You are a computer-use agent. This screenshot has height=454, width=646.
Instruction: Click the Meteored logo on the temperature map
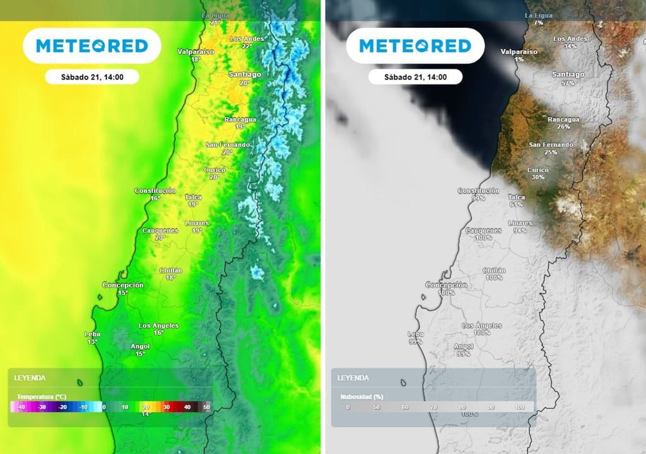tap(92, 46)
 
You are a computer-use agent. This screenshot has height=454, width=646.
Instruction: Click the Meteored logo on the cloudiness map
tap(415, 46)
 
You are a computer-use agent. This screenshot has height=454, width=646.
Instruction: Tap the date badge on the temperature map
tap(92, 78)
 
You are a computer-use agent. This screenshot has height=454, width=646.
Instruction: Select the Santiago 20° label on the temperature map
tap(245, 78)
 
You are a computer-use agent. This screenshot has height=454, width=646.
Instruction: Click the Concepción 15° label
tap(123, 289)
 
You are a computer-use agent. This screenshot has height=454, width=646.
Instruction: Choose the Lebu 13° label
tap(92, 337)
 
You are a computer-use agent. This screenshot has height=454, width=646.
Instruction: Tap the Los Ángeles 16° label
tap(158, 329)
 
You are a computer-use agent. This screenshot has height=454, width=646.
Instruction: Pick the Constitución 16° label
tap(155, 194)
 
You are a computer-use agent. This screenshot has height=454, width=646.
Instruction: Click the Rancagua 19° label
tap(240, 123)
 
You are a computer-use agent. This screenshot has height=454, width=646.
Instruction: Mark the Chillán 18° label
tap(170, 274)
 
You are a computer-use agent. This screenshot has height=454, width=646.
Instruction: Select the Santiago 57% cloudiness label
tap(568, 78)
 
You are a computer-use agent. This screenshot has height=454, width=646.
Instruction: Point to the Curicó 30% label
tap(538, 173)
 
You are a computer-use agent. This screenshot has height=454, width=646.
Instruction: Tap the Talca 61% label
tap(516, 201)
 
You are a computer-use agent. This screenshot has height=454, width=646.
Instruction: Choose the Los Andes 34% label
tap(570, 42)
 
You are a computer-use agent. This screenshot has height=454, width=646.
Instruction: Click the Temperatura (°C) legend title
tap(42, 397)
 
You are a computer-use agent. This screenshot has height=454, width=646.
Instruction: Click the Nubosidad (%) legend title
tap(361, 397)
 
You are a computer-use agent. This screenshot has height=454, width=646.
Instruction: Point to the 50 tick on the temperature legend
tap(207, 407)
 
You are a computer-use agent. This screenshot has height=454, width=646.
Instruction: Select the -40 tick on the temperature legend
tap(21, 407)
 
